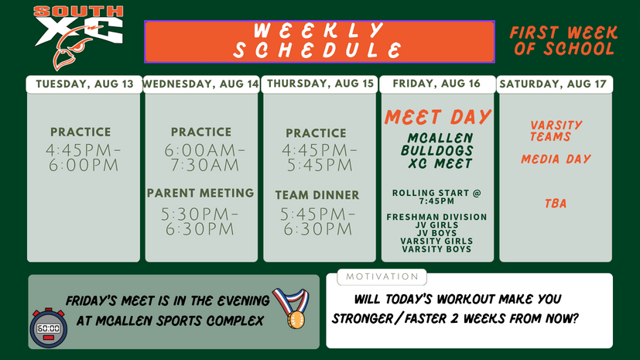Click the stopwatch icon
[48, 327]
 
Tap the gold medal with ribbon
[293, 308]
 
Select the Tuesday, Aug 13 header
[84, 84]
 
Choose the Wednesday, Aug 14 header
[200, 84]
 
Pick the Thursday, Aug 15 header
[320, 84]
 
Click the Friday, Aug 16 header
[436, 84]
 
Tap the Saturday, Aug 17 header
[554, 84]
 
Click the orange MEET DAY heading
[437, 117]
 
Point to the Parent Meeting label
[200, 193]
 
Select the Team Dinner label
[317, 195]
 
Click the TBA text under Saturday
[556, 204]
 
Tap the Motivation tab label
[382, 276]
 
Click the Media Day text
[556, 159]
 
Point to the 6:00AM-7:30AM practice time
[204, 158]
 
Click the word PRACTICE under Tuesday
[80, 132]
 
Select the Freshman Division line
[436, 217]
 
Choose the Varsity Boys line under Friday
[436, 249]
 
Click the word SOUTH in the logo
[78, 12]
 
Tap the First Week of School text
[563, 40]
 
